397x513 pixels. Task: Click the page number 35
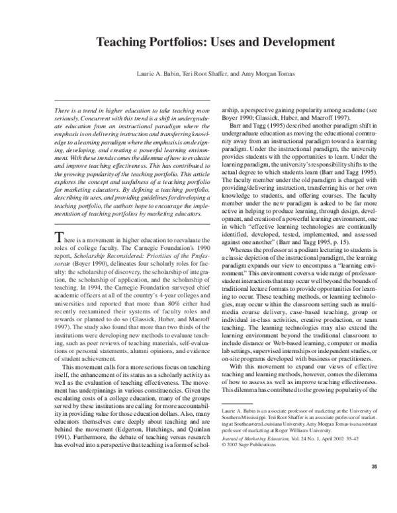click(374, 487)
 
